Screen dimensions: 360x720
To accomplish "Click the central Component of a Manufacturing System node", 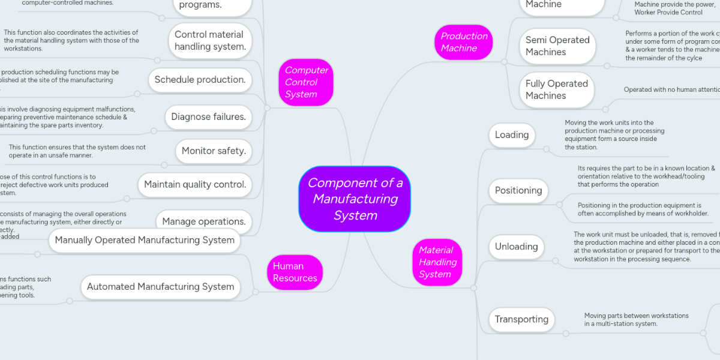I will point(355,199).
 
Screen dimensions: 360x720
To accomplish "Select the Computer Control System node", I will point(306,82).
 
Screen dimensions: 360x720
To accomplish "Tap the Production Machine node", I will point(464,42).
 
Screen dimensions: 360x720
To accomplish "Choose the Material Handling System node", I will point(437,262).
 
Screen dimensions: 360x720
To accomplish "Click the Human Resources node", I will point(295,272).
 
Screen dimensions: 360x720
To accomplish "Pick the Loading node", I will point(511,135).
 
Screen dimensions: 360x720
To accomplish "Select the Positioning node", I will point(518,191).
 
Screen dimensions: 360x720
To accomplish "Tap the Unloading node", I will point(516,247).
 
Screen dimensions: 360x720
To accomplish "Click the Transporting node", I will point(521,319).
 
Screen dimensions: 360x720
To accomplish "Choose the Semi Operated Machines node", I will point(557,46).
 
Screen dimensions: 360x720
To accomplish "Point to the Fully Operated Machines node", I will point(556,90).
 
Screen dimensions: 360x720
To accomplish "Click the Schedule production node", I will point(200,80).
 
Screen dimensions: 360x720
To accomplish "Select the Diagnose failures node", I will point(208,117).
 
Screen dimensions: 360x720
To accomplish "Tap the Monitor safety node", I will point(214,151).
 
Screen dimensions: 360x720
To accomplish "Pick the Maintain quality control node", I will point(195,185).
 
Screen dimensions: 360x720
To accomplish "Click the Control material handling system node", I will point(209,41).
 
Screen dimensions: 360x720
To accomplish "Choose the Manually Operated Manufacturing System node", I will point(145,240).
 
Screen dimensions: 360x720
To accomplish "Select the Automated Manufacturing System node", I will point(160,287).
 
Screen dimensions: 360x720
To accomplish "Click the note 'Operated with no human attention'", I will point(671,90).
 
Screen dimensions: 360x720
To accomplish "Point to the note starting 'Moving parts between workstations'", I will point(636,319).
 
